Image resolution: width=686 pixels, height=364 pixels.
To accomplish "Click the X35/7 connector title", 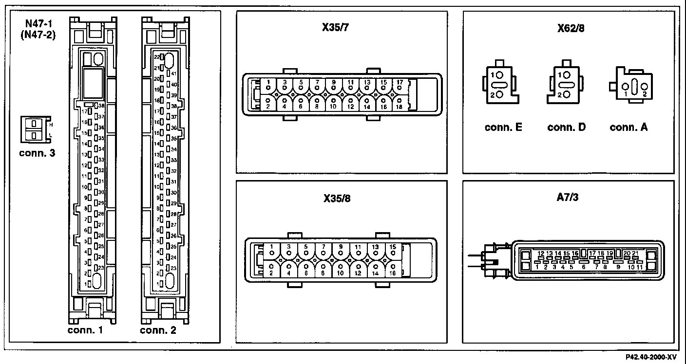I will tap(342, 28).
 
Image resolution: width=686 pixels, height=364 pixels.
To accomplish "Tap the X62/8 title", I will tap(571, 28).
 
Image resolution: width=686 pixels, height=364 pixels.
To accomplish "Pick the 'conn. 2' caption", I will tap(158, 331).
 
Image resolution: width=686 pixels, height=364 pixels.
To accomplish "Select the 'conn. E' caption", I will tap(503, 127).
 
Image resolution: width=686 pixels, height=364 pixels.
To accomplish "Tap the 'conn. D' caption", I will tap(566, 127).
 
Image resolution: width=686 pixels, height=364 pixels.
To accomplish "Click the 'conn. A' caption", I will tap(629, 127).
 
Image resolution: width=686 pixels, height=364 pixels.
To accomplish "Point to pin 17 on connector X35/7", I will tap(399, 85).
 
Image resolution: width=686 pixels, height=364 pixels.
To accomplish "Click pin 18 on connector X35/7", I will tap(399, 104).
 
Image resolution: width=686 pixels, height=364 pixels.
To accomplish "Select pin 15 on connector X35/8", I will tap(392, 250).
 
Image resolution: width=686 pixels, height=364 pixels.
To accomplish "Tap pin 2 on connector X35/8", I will tap(271, 269).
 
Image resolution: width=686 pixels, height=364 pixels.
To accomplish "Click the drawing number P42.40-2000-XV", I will tap(651, 357).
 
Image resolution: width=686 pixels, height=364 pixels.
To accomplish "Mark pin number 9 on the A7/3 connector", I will tap(618, 266).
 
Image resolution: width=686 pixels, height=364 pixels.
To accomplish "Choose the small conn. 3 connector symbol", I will tap(34, 130).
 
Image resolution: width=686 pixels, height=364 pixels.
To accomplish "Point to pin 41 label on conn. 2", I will tap(173, 73).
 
